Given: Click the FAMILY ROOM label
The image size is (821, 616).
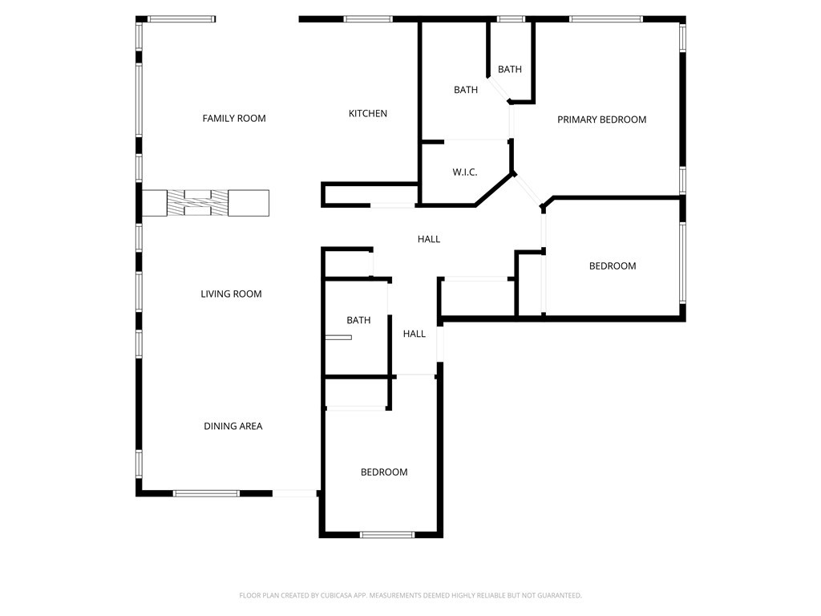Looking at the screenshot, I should (x=233, y=119).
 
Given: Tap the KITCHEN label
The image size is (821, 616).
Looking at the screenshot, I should (x=367, y=114).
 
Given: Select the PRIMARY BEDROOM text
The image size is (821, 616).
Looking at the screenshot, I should (x=601, y=120).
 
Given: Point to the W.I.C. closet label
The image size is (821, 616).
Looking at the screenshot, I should (x=465, y=172).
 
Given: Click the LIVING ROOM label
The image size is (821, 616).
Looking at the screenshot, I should (x=231, y=294).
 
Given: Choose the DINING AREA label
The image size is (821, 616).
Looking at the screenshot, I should (x=233, y=427).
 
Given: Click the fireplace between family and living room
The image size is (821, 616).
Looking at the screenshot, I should (x=205, y=203).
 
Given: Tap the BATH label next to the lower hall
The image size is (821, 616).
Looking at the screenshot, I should (x=358, y=321).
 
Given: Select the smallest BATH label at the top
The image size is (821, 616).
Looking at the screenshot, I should (x=509, y=70).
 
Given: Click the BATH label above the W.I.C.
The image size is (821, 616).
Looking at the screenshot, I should (x=466, y=90).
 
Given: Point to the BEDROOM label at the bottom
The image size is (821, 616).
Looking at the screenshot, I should (x=383, y=472).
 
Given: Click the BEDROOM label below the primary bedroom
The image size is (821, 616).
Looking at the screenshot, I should (x=613, y=266).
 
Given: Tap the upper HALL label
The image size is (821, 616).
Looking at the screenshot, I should (x=429, y=239).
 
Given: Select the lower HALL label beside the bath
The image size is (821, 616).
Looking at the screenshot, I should (x=415, y=334).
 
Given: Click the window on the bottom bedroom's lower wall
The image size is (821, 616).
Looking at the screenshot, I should (x=386, y=534).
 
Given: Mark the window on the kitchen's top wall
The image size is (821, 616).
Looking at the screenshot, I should (x=368, y=19).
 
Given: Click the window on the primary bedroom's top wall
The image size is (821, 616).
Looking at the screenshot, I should (x=605, y=19).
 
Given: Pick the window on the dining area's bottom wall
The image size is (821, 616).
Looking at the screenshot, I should (x=206, y=493).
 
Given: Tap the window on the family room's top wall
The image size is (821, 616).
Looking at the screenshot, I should (x=181, y=19).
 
